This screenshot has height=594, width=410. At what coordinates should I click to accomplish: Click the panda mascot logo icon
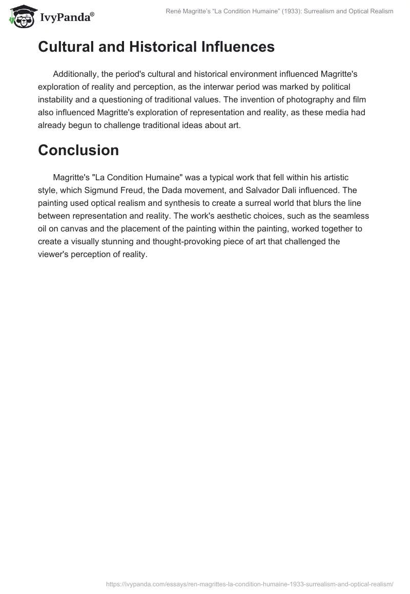(x=21, y=17)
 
